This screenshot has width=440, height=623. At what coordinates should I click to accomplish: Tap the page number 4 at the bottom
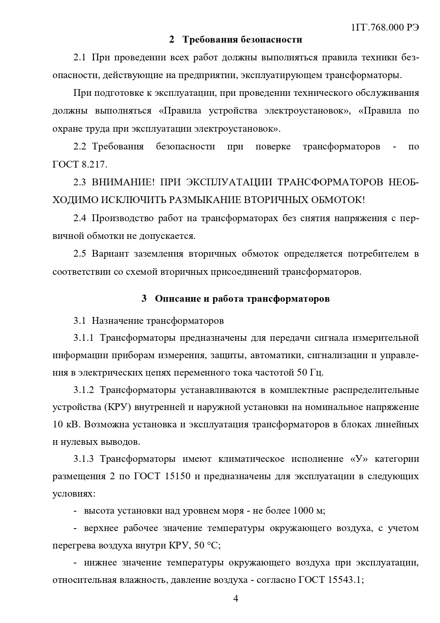[x=235, y=599]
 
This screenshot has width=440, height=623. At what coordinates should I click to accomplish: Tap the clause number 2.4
[x=80, y=218]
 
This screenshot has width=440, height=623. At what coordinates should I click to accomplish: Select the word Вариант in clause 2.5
[x=109, y=254]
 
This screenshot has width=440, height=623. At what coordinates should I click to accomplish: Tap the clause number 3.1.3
[x=84, y=459]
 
